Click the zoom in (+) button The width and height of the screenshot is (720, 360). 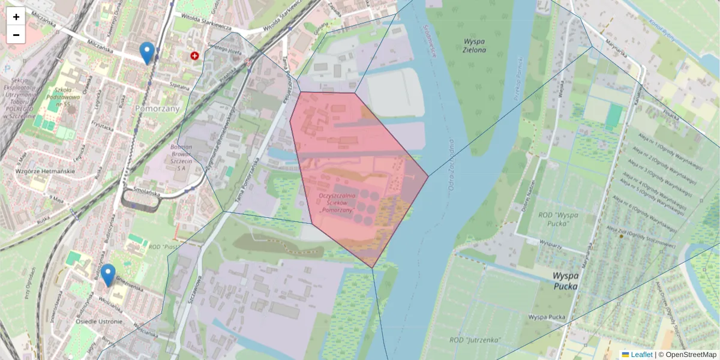pyautogui.click(x=16, y=16)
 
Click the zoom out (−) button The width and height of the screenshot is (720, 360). pyautogui.click(x=16, y=35)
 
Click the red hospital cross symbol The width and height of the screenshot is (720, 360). pyautogui.click(x=194, y=56)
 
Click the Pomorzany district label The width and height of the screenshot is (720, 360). pyautogui.click(x=158, y=109)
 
